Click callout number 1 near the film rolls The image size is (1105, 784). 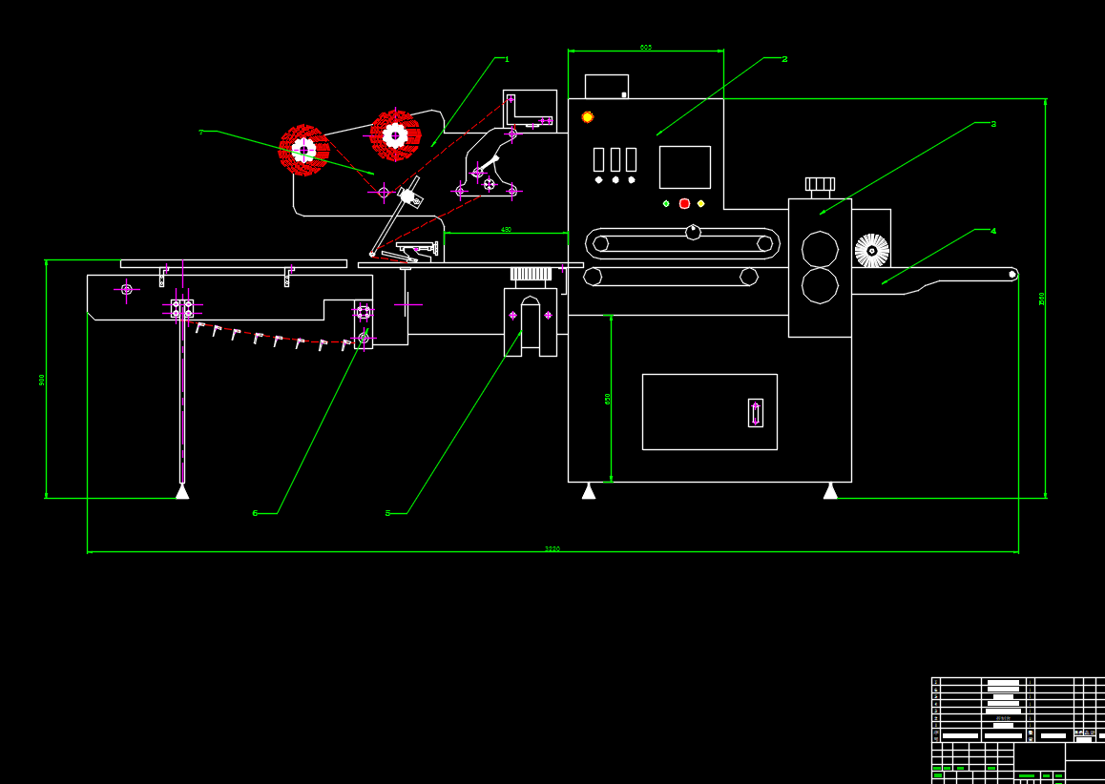click(x=507, y=59)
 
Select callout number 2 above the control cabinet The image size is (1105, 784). click(x=784, y=59)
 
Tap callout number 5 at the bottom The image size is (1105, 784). click(x=387, y=513)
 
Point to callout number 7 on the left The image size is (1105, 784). click(x=200, y=132)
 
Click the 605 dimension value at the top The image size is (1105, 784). click(x=646, y=47)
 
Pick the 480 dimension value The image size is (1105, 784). click(x=506, y=230)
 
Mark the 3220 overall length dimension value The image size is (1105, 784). click(x=552, y=548)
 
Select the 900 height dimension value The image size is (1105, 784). click(x=42, y=379)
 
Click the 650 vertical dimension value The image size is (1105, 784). click(x=608, y=399)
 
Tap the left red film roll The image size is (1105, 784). click(x=303, y=150)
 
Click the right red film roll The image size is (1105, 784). click(x=395, y=135)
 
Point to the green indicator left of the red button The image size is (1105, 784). click(x=666, y=203)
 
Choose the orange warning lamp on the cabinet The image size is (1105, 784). click(x=588, y=116)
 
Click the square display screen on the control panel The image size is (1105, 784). click(x=684, y=167)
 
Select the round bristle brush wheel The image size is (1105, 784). click(x=871, y=251)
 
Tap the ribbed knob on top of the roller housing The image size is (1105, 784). click(x=820, y=184)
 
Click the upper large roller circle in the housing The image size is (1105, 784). click(x=820, y=250)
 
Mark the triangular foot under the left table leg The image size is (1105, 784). click(x=181, y=491)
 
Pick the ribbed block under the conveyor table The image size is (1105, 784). click(x=531, y=274)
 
